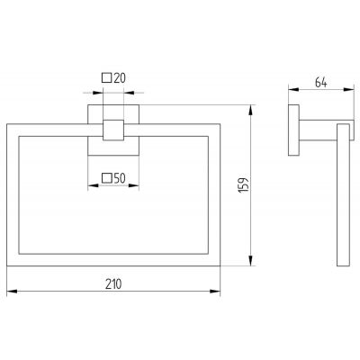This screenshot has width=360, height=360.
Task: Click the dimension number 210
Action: (x=113, y=283)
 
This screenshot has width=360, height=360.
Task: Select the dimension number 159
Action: (x=244, y=184)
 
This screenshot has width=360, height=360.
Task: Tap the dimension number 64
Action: (x=320, y=83)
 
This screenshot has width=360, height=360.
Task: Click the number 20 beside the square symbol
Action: (x=120, y=78)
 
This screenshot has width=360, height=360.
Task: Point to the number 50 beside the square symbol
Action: (x=120, y=178)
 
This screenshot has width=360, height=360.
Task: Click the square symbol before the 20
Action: (x=107, y=78)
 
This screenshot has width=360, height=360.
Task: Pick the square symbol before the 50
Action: (x=107, y=178)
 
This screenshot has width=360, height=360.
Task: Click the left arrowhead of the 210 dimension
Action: (x=12, y=292)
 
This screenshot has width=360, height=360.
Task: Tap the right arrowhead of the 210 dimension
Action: (x=215, y=292)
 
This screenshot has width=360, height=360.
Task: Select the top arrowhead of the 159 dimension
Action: (x=252, y=110)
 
